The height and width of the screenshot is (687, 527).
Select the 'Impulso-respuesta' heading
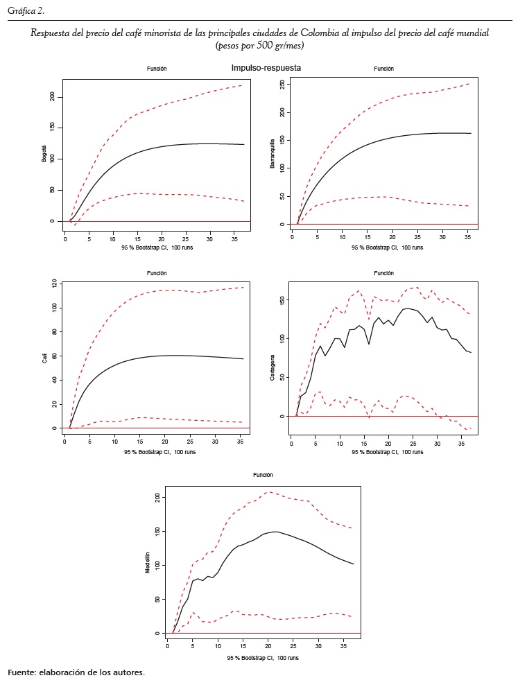[266, 68]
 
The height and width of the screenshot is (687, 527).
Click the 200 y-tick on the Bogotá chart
[53, 96]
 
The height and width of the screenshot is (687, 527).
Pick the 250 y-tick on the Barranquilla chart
[280, 84]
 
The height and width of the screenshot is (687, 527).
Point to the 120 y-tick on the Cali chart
[53, 284]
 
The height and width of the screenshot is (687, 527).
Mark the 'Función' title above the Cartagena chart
[383, 273]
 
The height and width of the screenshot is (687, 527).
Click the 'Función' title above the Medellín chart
[262, 475]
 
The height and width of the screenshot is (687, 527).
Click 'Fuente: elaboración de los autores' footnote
[76, 672]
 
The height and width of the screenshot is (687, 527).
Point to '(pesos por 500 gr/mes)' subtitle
[260, 45]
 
